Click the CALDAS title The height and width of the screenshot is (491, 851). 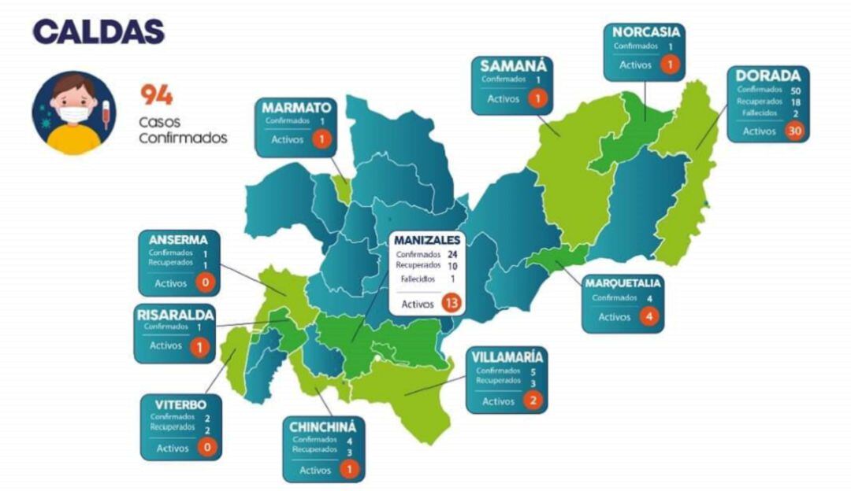pyautogui.click(x=98, y=31)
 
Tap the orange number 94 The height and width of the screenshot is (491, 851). pyautogui.click(x=157, y=95)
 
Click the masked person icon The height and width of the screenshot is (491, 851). pyautogui.click(x=73, y=113)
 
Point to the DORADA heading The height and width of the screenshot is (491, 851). pyautogui.click(x=768, y=76)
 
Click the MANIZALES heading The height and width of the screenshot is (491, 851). pyautogui.click(x=427, y=238)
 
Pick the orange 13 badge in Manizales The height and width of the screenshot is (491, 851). pyautogui.click(x=452, y=304)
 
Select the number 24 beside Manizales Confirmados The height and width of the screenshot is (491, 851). pyautogui.click(x=452, y=255)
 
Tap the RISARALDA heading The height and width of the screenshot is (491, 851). pyautogui.click(x=175, y=315)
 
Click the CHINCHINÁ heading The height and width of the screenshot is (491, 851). pyautogui.click(x=323, y=426)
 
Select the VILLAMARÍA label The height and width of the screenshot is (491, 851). pyautogui.click(x=507, y=356)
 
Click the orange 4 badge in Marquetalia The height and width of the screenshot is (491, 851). pyautogui.click(x=648, y=317)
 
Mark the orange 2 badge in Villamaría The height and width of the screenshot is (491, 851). pyautogui.click(x=533, y=401)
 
